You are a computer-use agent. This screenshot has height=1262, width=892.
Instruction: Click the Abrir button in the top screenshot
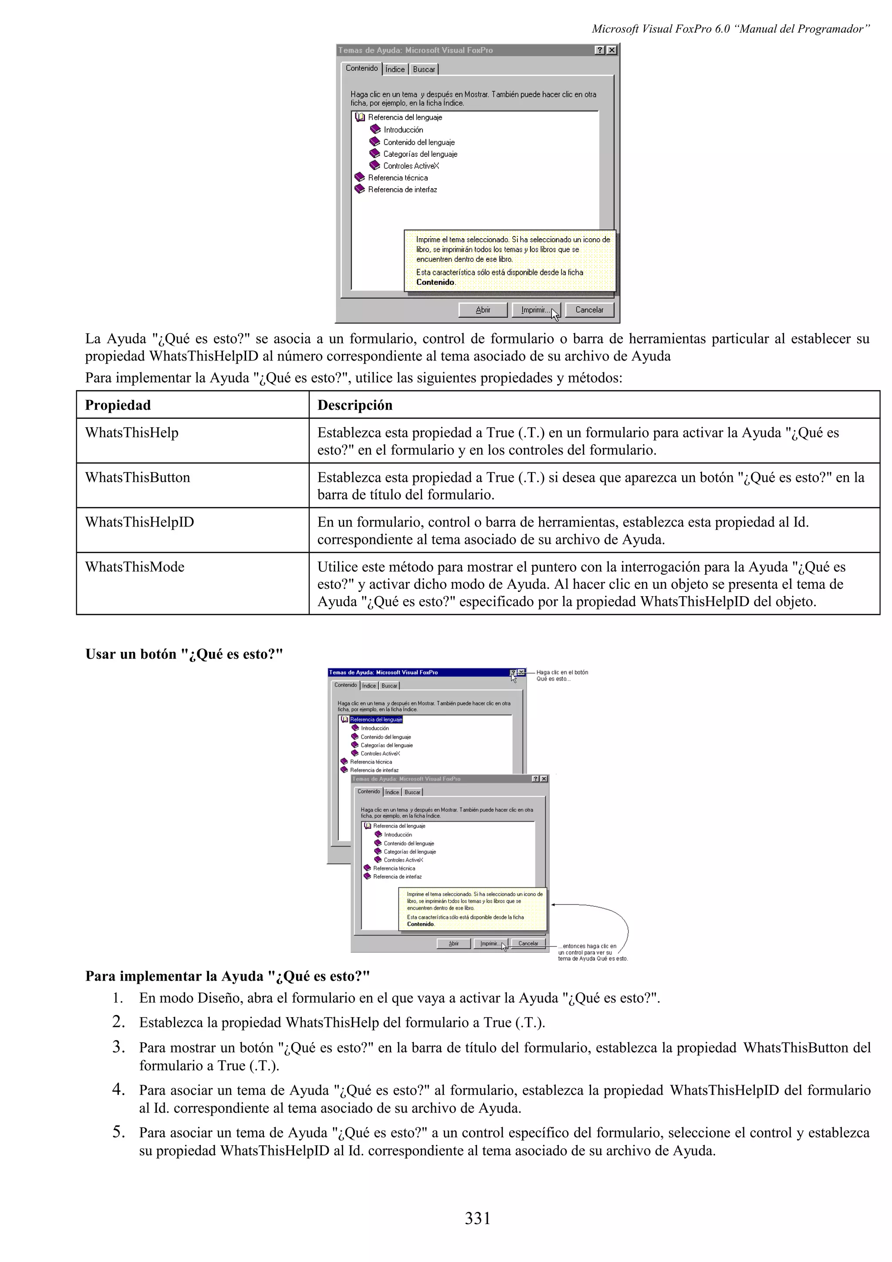[483, 310]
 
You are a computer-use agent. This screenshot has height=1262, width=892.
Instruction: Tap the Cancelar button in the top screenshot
[589, 310]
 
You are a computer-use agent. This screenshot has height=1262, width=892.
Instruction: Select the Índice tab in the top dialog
[395, 69]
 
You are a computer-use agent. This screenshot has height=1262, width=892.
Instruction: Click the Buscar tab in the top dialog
[424, 69]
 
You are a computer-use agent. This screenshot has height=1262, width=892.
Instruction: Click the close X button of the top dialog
[612, 50]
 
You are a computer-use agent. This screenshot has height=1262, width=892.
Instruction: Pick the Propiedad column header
[118, 405]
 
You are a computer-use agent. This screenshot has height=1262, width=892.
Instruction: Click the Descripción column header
[355, 405]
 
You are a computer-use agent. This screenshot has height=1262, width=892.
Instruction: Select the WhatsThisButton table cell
[137, 477]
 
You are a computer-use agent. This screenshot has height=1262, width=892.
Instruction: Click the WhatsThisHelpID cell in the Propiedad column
[140, 522]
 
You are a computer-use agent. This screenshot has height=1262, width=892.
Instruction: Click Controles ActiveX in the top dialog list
[411, 166]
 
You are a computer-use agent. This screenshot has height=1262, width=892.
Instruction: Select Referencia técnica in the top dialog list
[397, 178]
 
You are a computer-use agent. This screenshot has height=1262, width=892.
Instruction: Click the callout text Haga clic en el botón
[562, 672]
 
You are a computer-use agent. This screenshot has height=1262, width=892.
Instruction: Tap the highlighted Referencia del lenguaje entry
[376, 719]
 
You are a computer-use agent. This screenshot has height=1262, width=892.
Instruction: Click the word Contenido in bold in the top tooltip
[435, 282]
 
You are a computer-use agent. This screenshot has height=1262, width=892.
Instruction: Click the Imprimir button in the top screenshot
[535, 310]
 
